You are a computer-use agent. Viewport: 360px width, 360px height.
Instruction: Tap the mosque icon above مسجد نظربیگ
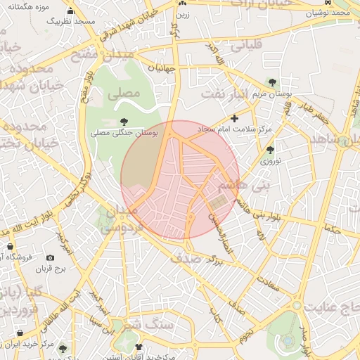coord(70,11)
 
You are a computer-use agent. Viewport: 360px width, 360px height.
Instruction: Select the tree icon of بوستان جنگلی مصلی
coord(125,122)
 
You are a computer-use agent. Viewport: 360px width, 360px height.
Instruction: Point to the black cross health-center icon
coord(234,118)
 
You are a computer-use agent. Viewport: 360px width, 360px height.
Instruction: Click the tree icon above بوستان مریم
coord(272,83)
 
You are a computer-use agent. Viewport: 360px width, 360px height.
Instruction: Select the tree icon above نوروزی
coord(270,150)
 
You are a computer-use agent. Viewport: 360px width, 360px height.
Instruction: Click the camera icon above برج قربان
coord(50,258)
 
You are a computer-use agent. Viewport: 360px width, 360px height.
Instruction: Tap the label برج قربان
coord(50,269)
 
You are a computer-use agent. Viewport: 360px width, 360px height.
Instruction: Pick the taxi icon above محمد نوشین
coord(330,3)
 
